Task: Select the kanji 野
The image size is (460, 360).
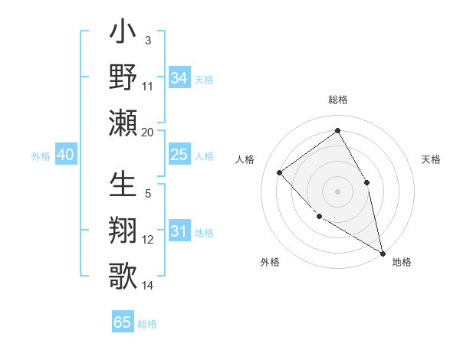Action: click(x=123, y=78)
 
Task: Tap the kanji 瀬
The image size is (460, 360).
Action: click(x=123, y=123)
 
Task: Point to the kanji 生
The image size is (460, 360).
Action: click(x=123, y=186)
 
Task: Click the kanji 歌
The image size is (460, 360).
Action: click(x=123, y=274)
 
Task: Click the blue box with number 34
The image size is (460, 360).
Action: click(x=179, y=77)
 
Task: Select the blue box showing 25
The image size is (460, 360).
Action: click(x=179, y=155)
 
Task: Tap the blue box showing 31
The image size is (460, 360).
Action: click(x=179, y=231)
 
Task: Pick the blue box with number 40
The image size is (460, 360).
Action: click(x=65, y=155)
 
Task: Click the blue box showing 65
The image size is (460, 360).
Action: click(x=123, y=322)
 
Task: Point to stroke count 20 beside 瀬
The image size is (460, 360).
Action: click(x=148, y=133)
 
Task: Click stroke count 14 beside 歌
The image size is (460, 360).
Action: click(x=148, y=286)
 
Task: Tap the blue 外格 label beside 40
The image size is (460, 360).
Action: click(x=41, y=156)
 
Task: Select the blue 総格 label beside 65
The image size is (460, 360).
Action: click(x=147, y=324)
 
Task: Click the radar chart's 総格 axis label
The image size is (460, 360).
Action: click(x=337, y=100)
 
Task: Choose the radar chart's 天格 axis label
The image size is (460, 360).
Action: click(x=431, y=159)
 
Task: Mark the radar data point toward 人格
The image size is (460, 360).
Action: click(x=280, y=172)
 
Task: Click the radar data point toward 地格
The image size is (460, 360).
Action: click(x=383, y=253)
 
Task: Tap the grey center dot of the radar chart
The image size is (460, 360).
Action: click(x=337, y=191)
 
